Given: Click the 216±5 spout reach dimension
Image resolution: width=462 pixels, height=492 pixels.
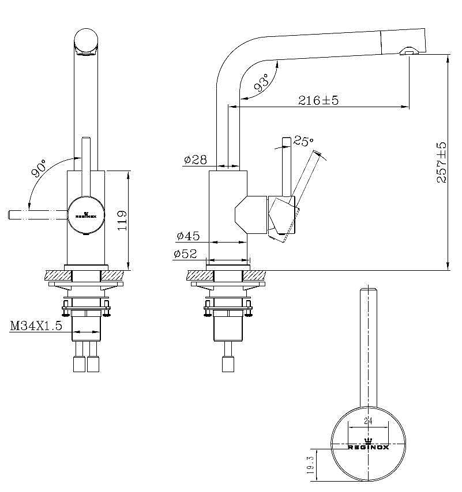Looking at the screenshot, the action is (x=318, y=100).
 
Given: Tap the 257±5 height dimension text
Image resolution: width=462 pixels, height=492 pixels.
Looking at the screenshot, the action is (x=441, y=162).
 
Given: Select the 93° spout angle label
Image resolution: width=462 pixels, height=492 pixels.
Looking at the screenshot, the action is (x=262, y=82).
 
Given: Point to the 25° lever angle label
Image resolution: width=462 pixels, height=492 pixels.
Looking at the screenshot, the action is (x=303, y=141).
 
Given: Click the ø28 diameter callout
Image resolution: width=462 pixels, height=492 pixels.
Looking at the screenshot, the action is (x=196, y=160).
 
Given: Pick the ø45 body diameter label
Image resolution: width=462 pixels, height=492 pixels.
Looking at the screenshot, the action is (x=188, y=236).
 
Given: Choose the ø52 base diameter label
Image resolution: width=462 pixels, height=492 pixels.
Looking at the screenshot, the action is (x=185, y=253).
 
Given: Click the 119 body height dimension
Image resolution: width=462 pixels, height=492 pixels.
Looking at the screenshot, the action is (x=122, y=220).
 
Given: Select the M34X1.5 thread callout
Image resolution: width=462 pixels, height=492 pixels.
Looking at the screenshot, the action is (x=36, y=326).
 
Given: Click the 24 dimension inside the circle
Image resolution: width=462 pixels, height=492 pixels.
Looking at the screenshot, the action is (x=368, y=421).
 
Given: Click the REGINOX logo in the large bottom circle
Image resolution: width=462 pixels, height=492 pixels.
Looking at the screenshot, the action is (x=368, y=445).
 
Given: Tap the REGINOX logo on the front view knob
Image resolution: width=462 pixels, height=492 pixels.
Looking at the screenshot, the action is (x=86, y=215).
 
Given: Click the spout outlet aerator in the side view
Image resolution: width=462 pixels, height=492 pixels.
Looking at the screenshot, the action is (x=409, y=51).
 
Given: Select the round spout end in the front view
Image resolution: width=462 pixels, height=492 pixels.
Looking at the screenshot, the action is (x=86, y=41).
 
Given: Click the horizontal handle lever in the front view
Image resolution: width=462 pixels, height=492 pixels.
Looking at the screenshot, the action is (x=38, y=215).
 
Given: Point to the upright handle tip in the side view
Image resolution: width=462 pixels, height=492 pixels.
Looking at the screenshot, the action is (x=287, y=139).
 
